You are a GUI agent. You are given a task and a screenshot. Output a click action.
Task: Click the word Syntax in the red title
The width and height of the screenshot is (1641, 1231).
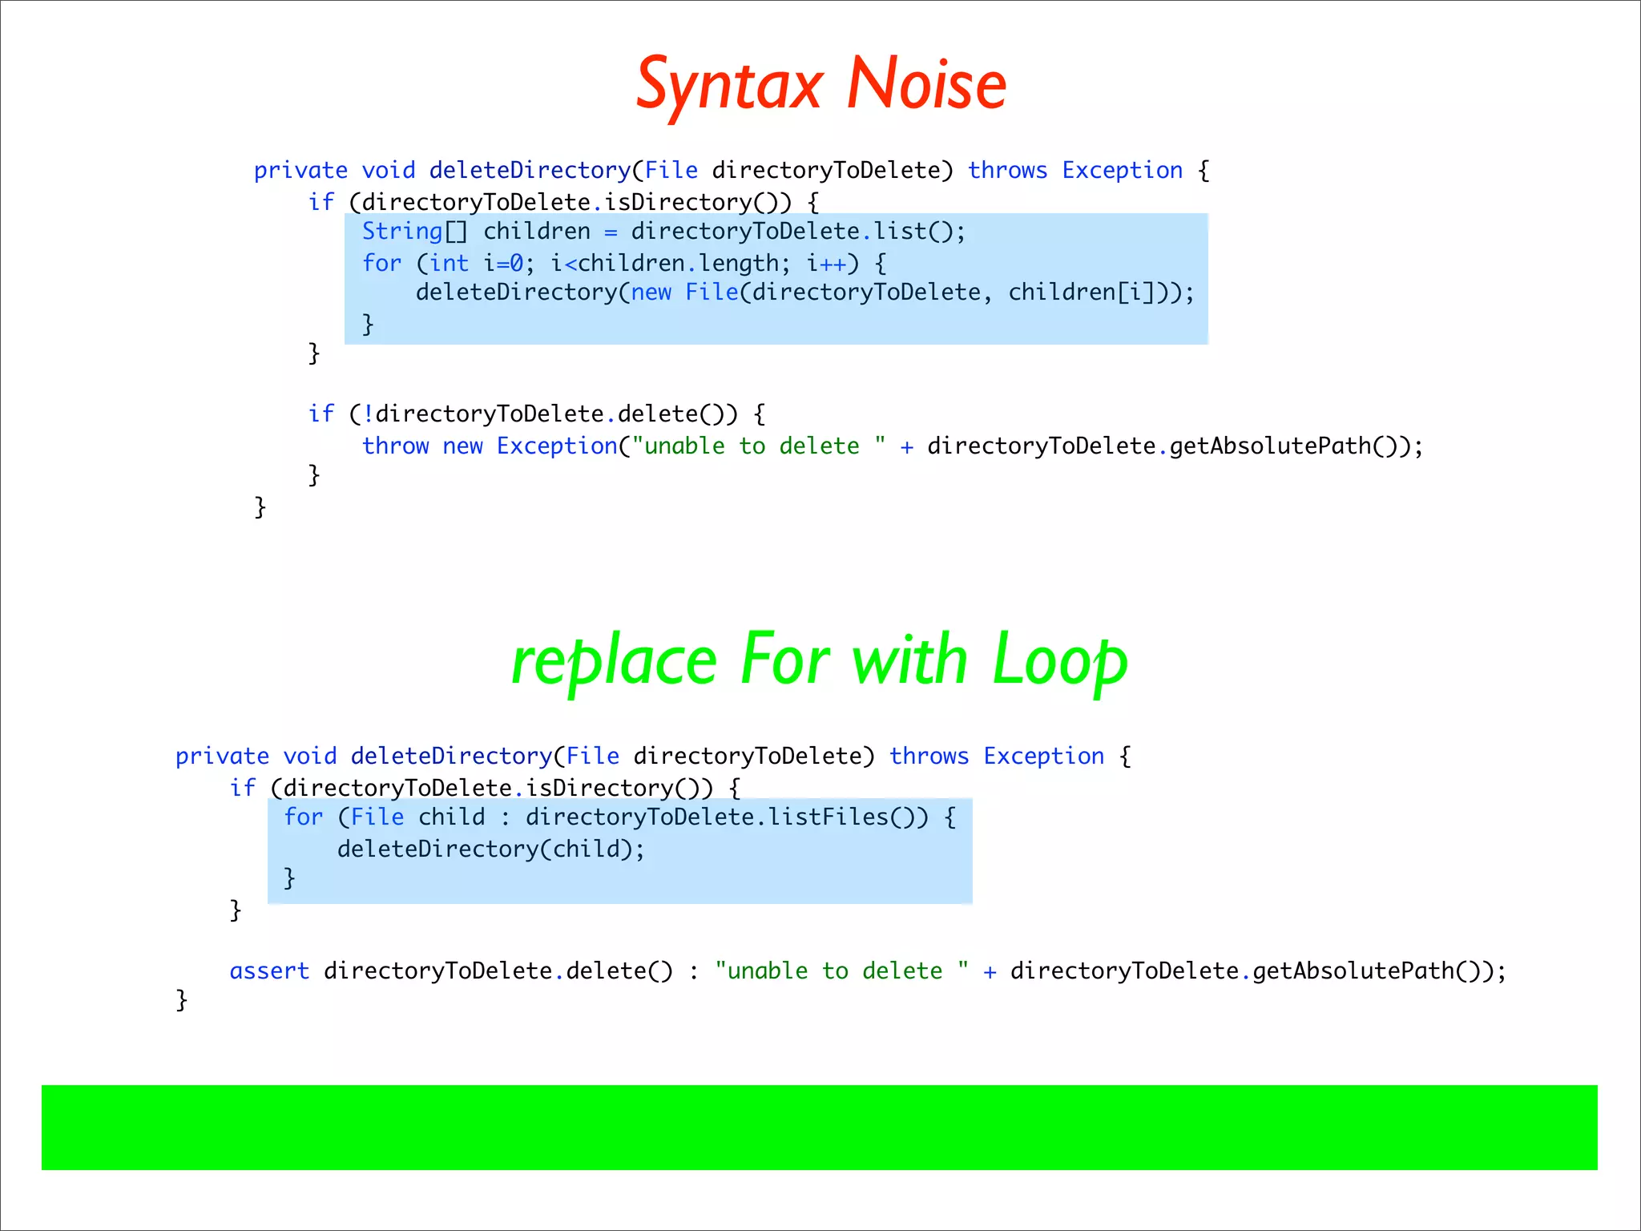(730, 85)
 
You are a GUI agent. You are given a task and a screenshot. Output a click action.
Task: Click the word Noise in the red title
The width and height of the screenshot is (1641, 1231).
(926, 85)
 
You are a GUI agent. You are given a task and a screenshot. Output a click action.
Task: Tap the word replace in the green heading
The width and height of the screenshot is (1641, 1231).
(614, 662)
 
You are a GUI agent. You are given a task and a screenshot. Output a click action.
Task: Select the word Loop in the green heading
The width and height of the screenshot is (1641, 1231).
(1059, 662)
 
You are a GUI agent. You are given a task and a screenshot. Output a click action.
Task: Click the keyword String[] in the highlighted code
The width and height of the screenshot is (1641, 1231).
(414, 232)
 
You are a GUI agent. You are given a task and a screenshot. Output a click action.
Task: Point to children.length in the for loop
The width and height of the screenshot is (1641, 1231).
(677, 263)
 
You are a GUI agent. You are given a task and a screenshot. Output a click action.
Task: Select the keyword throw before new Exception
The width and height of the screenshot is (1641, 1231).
(395, 446)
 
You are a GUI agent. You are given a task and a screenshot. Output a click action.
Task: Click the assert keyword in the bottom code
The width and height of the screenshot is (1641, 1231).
(269, 971)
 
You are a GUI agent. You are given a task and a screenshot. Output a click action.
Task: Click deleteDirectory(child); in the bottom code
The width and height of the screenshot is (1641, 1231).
(490, 849)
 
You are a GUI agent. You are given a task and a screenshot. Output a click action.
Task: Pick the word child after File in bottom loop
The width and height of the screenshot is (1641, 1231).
(452, 817)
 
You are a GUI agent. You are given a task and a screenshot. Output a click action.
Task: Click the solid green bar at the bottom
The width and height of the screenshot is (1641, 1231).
(819, 1127)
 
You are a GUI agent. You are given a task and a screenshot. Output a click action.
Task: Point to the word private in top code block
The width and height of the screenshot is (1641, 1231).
(300, 171)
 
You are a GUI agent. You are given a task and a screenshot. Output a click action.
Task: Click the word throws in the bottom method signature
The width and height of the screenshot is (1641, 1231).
(929, 756)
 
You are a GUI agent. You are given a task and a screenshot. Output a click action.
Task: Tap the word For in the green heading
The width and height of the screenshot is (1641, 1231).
(784, 662)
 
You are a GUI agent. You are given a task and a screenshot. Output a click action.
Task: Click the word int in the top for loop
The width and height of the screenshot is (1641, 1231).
(449, 263)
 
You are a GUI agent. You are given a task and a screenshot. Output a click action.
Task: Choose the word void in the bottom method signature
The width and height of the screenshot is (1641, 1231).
(310, 756)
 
